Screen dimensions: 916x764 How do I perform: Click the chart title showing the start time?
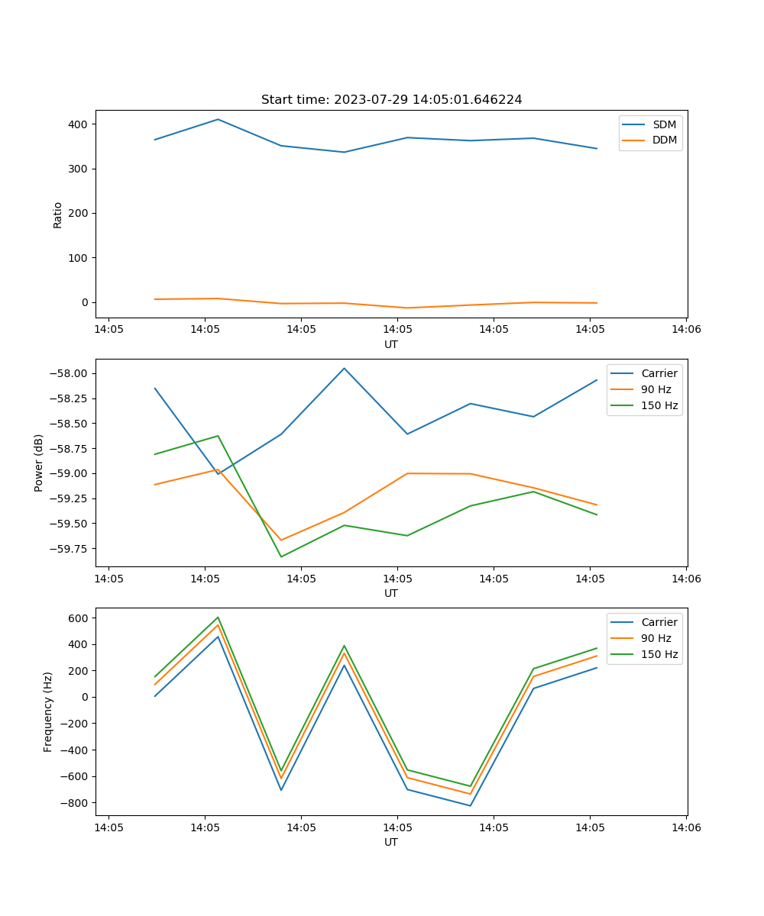tap(391, 100)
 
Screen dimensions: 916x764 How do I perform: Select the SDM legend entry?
tap(664, 124)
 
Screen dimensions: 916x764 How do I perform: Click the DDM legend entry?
tap(665, 140)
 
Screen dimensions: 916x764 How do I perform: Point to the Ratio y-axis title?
tap(58, 214)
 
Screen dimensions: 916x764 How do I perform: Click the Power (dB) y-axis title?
tap(39, 463)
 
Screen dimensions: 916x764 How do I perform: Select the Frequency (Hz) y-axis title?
tap(48, 711)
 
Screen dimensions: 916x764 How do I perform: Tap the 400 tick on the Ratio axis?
tap(79, 124)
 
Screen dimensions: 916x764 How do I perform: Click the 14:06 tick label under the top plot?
tap(686, 330)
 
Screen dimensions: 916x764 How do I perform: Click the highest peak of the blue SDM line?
tap(218, 119)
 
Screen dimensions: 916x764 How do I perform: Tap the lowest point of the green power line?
tap(281, 556)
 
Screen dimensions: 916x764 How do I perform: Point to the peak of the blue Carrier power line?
tap(344, 368)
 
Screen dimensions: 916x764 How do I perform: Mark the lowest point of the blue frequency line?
tap(470, 805)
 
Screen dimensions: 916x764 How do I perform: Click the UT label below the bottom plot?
tap(391, 842)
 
